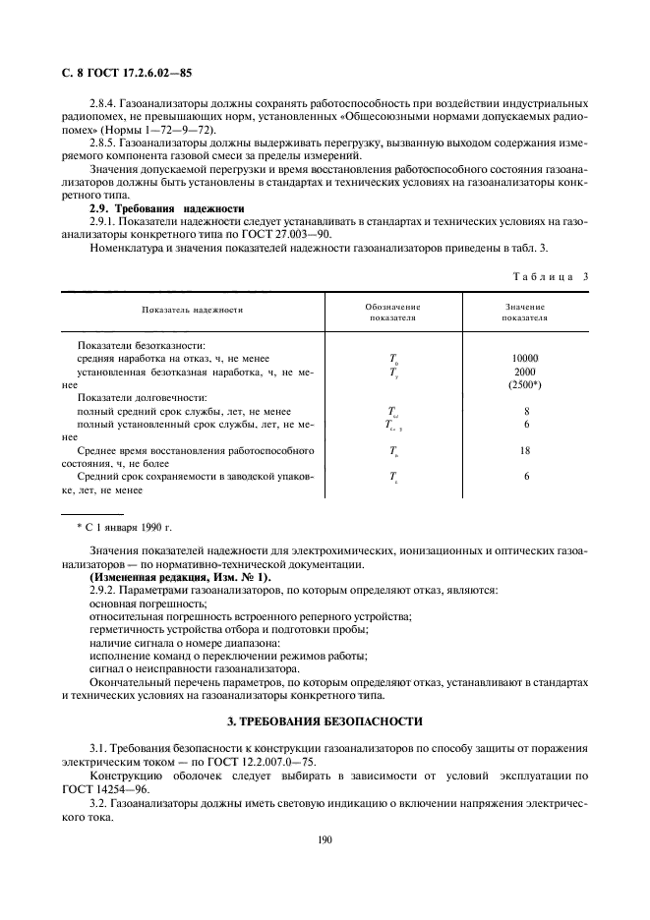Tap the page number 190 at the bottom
tap(325, 838)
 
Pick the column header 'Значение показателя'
tap(525, 313)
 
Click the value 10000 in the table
tap(525, 358)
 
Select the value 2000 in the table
tap(525, 372)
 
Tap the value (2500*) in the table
tap(525, 385)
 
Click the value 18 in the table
tap(525, 449)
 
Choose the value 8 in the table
tap(526, 411)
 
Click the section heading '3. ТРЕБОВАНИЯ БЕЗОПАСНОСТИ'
tap(325, 721)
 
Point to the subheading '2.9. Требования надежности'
tap(151, 209)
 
